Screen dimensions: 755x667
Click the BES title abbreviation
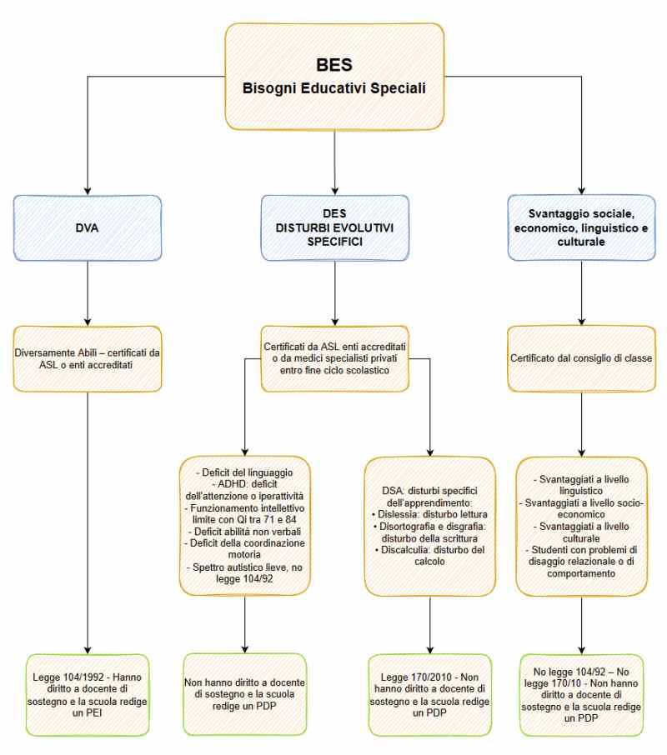[x=333, y=63]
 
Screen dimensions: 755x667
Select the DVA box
[x=88, y=225]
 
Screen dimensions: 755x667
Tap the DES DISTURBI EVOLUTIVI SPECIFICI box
[x=333, y=225]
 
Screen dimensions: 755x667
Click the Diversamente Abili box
[x=88, y=359]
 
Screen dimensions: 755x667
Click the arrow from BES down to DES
[x=333, y=162]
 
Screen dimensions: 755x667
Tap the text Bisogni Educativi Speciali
[x=333, y=87]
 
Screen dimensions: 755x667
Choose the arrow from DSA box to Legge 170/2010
[x=429, y=623]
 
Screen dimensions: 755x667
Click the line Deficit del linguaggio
[x=244, y=473]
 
